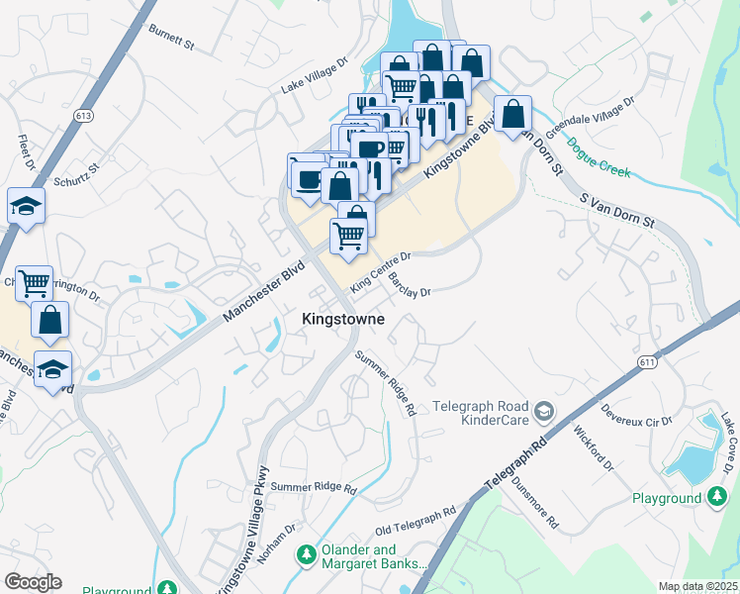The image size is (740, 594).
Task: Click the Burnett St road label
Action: click(172, 37)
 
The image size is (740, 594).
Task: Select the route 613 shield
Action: click(83, 117)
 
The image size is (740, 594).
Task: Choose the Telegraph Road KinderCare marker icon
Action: click(543, 411)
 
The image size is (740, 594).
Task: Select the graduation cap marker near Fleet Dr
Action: click(26, 206)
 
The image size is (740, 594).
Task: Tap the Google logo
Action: click(33, 582)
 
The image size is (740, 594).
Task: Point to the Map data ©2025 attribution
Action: click(697, 586)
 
